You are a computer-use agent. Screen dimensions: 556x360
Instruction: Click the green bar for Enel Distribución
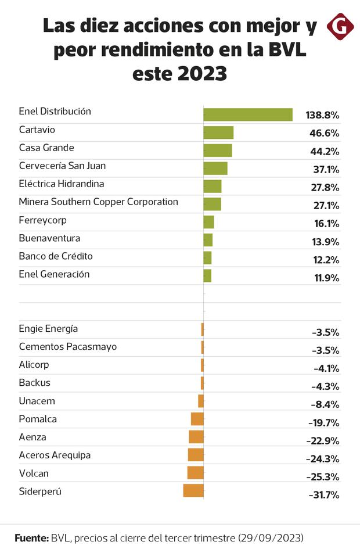pyautogui.click(x=247, y=114)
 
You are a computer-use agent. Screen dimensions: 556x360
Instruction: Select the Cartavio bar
pyautogui.click(x=218, y=132)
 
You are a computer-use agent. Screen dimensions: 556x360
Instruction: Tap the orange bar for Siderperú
pyautogui.click(x=193, y=490)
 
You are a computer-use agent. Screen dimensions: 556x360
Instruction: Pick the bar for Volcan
pyautogui.click(x=195, y=472)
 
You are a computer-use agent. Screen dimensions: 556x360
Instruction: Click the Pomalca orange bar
pyautogui.click(x=197, y=418)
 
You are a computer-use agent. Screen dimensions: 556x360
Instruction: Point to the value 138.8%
pyautogui.click(x=322, y=115)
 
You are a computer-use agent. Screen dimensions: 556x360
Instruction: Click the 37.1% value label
pyautogui.click(x=324, y=169)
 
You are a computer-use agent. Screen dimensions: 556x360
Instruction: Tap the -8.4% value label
pyautogui.click(x=325, y=404)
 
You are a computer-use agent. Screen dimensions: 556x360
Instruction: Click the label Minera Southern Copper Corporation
pyautogui.click(x=98, y=202)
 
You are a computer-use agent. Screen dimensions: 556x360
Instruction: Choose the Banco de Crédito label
pyautogui.click(x=56, y=256)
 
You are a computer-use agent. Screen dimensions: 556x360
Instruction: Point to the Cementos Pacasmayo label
pyautogui.click(x=67, y=346)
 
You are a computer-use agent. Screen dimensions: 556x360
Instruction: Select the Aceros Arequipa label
pyautogui.click(x=55, y=455)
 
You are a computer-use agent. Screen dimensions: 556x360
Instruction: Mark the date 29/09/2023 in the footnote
pyautogui.click(x=271, y=538)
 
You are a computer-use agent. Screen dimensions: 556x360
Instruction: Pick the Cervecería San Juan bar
pyautogui.click(x=215, y=168)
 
